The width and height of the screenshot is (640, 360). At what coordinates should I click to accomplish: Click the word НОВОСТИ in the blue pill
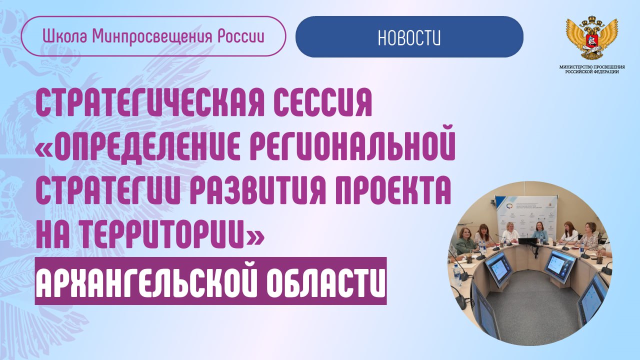(409, 37)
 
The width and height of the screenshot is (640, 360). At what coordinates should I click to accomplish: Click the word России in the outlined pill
(241, 37)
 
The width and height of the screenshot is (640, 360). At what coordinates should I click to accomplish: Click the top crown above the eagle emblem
(591, 21)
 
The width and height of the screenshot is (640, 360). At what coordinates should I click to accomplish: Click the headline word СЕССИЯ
(322, 102)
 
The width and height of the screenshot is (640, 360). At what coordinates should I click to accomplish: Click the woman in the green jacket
(465, 241)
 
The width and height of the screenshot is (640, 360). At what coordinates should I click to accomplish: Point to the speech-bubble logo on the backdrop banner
(509, 206)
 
